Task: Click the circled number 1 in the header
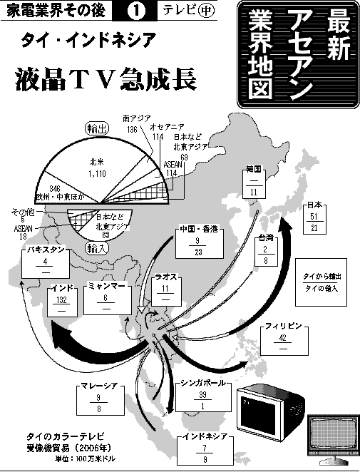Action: click(x=136, y=11)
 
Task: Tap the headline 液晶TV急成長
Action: click(x=106, y=79)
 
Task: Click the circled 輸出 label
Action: click(x=97, y=128)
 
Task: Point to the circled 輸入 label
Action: click(x=97, y=248)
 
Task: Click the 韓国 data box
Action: click(x=254, y=183)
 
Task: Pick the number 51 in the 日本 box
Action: click(x=314, y=217)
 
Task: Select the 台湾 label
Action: click(x=265, y=238)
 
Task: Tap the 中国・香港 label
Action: click(x=200, y=230)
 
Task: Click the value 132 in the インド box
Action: click(x=61, y=300)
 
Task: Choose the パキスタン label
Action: click(x=45, y=250)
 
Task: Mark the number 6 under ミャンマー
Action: click(x=106, y=298)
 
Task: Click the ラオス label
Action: click(x=166, y=277)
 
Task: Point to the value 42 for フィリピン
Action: click(x=282, y=338)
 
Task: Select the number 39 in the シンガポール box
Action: click(x=202, y=395)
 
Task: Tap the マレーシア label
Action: click(x=99, y=386)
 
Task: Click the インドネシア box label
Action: click(x=205, y=436)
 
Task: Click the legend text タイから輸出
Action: click(x=322, y=277)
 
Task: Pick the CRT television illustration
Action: click(x=271, y=409)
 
